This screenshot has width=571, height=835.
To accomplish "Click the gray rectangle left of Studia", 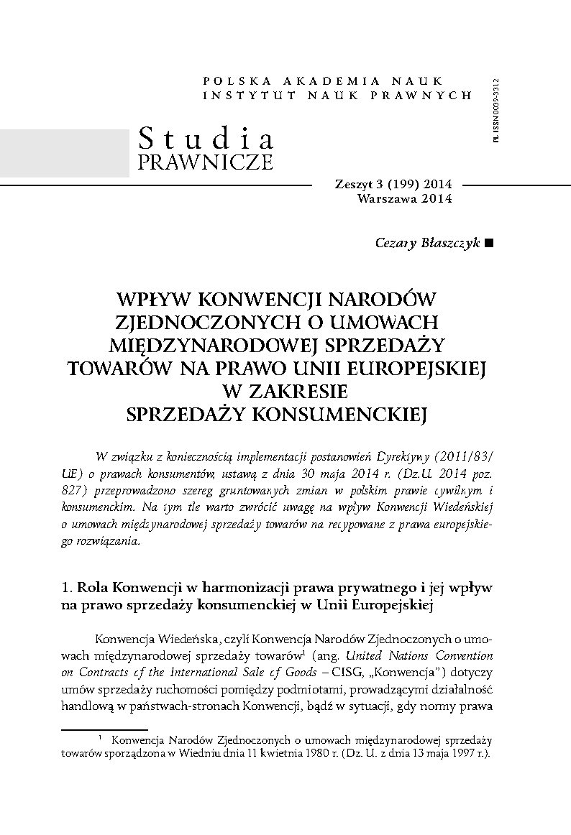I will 64,152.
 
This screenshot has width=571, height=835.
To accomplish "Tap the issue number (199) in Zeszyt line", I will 389,185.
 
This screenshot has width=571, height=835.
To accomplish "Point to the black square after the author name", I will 489,244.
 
